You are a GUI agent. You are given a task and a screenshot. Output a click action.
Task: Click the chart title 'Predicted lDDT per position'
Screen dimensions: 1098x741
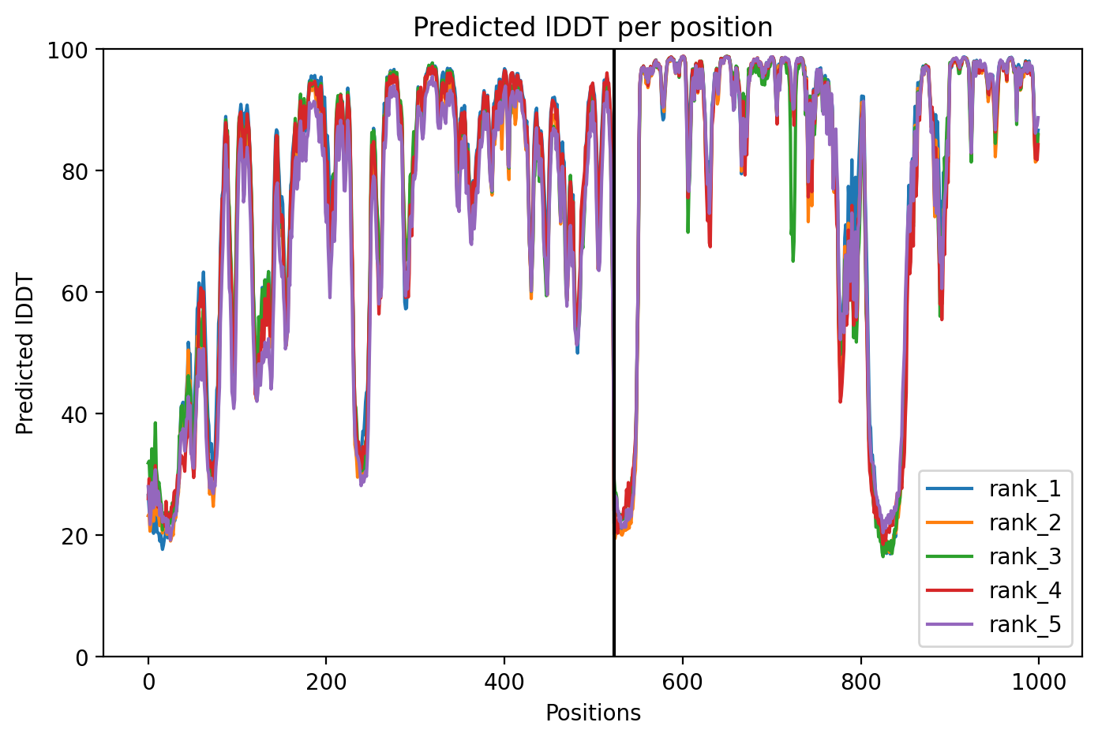tap(593, 28)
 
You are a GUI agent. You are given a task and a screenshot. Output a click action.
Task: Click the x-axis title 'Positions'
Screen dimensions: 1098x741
tap(593, 713)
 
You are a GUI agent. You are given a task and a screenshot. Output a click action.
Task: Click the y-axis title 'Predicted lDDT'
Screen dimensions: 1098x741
tap(24, 354)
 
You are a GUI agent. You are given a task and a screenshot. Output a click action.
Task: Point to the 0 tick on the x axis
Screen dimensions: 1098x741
tap(148, 683)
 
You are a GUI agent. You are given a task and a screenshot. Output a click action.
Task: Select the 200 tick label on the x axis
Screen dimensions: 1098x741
tap(326, 683)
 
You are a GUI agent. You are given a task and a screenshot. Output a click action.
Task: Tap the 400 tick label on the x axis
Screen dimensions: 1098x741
tap(504, 683)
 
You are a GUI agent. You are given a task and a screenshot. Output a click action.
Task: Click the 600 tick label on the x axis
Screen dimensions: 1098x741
tap(682, 683)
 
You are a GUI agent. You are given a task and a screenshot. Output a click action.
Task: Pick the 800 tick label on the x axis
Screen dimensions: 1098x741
tap(860, 683)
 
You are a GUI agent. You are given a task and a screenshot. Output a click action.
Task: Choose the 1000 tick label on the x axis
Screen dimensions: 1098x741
tap(1038, 683)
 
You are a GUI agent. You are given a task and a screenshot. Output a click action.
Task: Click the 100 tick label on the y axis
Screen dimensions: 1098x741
tap(68, 51)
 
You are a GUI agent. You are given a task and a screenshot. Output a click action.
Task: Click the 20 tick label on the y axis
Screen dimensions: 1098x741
tap(74, 536)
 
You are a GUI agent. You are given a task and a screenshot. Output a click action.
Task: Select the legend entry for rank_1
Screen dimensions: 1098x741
tap(994, 488)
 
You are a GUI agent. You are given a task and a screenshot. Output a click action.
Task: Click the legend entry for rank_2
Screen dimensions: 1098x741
tap(994, 522)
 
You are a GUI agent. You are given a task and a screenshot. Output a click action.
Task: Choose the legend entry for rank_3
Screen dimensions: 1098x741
tap(994, 556)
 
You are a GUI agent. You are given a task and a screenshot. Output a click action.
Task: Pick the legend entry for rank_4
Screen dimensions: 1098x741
tap(994, 590)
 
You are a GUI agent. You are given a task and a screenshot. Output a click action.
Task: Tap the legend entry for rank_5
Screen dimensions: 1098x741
tap(994, 624)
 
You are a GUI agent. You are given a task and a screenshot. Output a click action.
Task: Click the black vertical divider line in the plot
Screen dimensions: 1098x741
tap(613, 353)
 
